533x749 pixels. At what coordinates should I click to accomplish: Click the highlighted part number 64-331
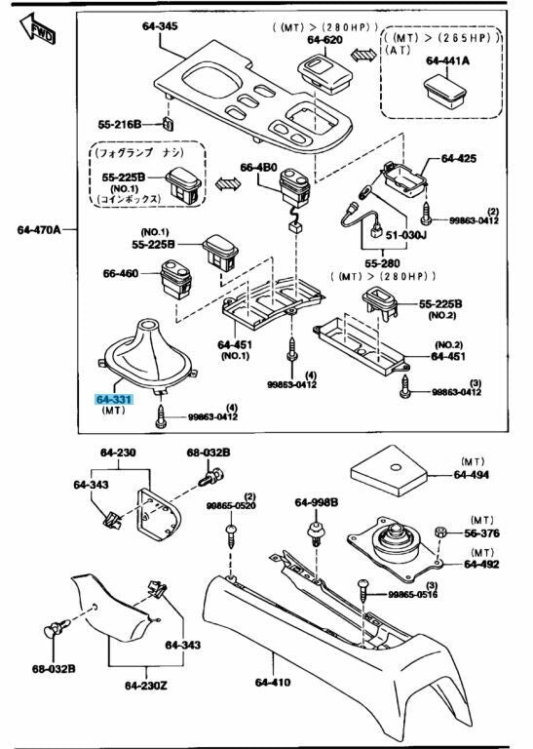[x=114, y=400]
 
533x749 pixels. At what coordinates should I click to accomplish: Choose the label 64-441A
[x=447, y=60]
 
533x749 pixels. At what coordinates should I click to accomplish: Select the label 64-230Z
[x=146, y=685]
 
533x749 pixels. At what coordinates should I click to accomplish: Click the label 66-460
[x=122, y=276]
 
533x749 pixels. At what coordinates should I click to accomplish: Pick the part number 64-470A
[x=39, y=230]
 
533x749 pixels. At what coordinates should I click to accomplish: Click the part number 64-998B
[x=317, y=502]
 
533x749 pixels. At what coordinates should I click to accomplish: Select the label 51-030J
[x=404, y=234]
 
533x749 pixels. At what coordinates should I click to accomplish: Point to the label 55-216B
[x=120, y=125]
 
